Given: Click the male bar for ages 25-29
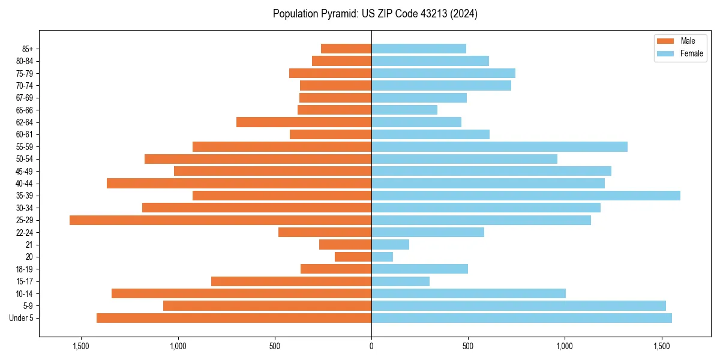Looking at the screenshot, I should pyautogui.click(x=220, y=220).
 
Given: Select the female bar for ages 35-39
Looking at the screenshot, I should pyautogui.click(x=526, y=196).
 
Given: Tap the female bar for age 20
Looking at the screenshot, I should pyautogui.click(x=382, y=257).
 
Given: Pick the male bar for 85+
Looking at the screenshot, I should pyautogui.click(x=346, y=49).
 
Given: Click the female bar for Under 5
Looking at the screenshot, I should pyautogui.click(x=521, y=318).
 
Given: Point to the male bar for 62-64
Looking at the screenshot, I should pyautogui.click(x=304, y=122).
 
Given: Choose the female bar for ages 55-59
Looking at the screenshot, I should pyautogui.click(x=499, y=147).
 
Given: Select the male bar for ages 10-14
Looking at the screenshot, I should pyautogui.click(x=241, y=293).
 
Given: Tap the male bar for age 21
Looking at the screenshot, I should pyautogui.click(x=345, y=245).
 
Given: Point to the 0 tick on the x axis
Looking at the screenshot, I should pyautogui.click(x=371, y=346).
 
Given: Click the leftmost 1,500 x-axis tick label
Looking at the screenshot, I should pyautogui.click(x=81, y=346).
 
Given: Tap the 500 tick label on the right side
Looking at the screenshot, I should pyautogui.click(x=468, y=346).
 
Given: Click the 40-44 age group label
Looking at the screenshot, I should pyautogui.click(x=25, y=184).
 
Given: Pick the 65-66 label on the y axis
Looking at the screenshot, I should pyautogui.click(x=25, y=110).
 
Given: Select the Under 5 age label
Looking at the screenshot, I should pyautogui.click(x=22, y=318).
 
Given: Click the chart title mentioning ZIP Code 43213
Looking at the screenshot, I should pyautogui.click(x=375, y=14).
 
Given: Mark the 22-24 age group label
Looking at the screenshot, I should pyautogui.click(x=25, y=233).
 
